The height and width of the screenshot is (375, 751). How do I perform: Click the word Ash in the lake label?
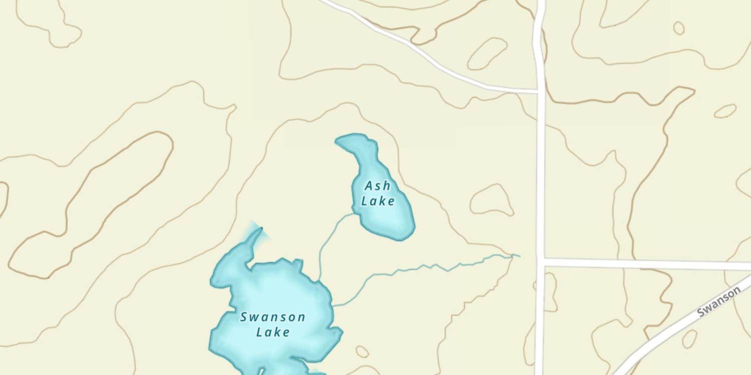click(378, 186)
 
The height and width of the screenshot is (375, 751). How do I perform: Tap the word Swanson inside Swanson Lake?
click(273, 317)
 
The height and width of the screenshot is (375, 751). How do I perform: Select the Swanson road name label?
click(719, 301)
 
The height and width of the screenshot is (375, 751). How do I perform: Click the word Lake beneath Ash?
click(378, 201)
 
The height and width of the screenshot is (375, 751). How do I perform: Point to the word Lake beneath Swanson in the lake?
click(273, 332)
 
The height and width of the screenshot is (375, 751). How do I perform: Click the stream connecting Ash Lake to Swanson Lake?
click(325, 240)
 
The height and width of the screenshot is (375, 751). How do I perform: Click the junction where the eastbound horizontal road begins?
click(541, 261)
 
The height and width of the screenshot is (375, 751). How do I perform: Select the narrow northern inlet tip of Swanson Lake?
click(260, 230)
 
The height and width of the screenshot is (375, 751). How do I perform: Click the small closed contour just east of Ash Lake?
click(492, 200)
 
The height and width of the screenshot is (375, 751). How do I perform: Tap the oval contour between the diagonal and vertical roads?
click(487, 53)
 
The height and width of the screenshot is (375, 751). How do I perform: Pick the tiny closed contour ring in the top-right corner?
click(678, 28)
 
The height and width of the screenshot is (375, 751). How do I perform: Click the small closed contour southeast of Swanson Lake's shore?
click(362, 351)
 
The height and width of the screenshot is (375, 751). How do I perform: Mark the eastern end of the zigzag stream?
click(519, 255)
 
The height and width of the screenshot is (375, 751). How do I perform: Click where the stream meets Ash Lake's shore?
click(356, 213)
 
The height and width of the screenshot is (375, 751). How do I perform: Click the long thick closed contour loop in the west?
click(90, 205)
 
